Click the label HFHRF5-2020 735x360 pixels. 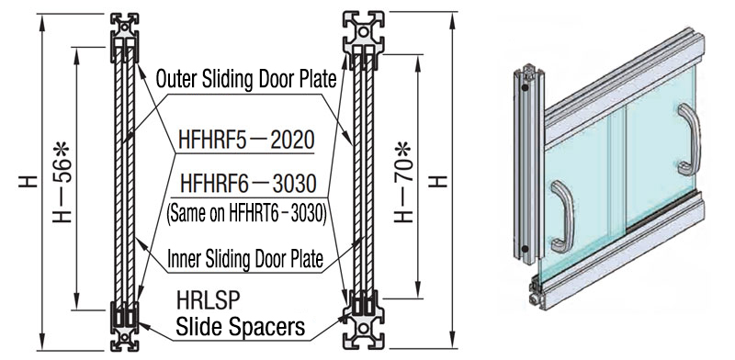pos(246,140)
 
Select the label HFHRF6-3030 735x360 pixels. pos(248,184)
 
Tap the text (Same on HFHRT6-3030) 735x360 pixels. pos(246,214)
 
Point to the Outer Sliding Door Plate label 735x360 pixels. pos(246,80)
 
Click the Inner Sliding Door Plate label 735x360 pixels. pos(245,258)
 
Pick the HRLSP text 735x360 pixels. pos(208,300)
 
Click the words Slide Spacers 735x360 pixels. pos(240,327)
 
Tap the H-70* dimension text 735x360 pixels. pos(403,182)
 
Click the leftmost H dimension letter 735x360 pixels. pos(28,182)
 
